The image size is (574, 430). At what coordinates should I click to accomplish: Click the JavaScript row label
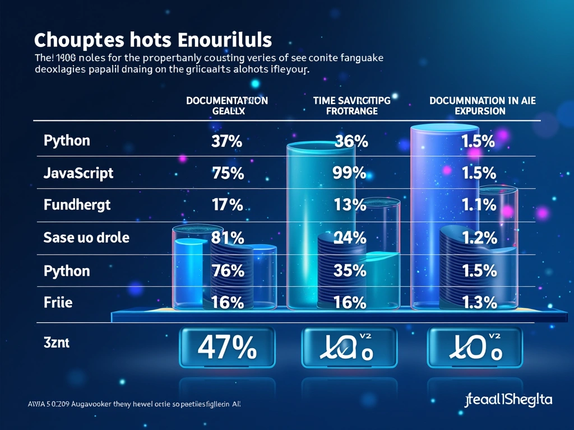click(78, 173)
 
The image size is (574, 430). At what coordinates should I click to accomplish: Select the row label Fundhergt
click(77, 205)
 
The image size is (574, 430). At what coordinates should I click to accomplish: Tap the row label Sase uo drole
click(86, 237)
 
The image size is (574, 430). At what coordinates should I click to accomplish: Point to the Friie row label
click(58, 303)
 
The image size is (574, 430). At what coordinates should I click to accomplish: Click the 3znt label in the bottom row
click(56, 343)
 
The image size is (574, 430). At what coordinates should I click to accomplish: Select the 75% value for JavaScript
click(228, 174)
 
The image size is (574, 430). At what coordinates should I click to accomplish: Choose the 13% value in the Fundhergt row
click(350, 205)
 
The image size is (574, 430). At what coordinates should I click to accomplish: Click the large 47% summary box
click(227, 348)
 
